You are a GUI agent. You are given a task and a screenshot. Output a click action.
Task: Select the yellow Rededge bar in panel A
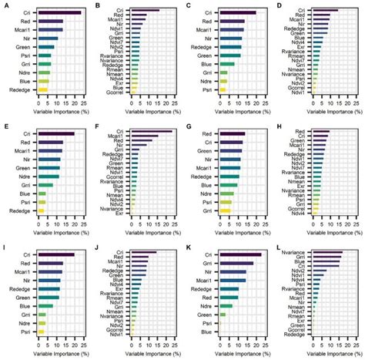(x=43, y=90)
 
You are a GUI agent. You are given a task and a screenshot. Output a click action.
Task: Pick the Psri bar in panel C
(x=223, y=90)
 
